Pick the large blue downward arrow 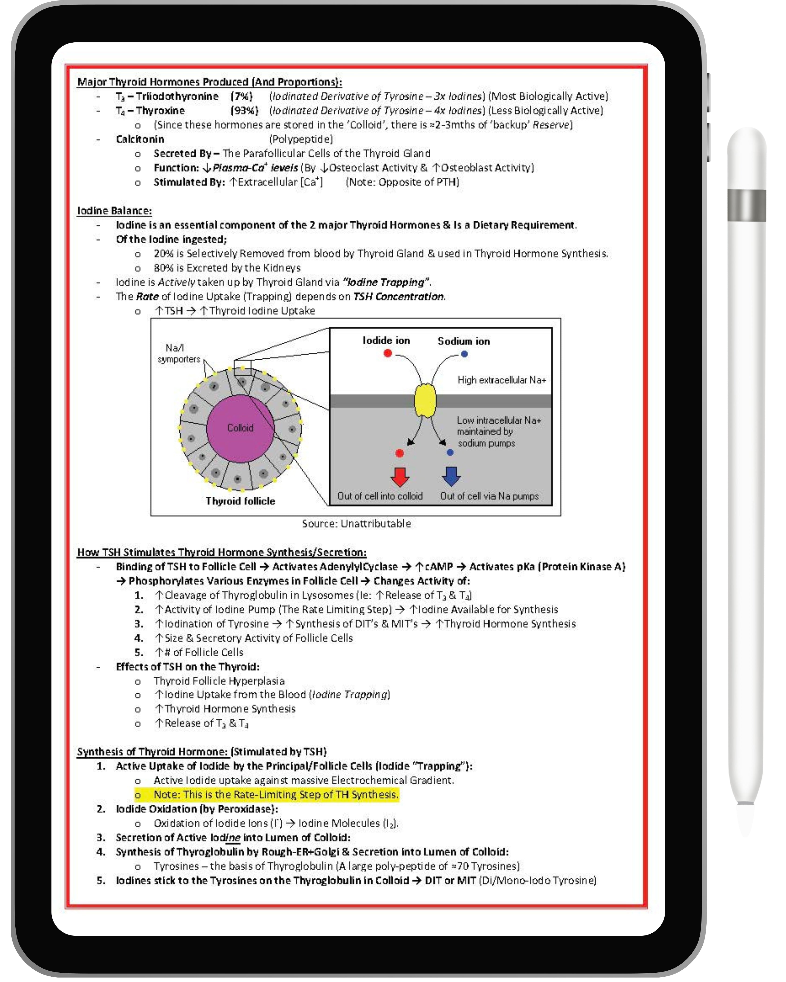click(451, 476)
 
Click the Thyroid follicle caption click(240, 501)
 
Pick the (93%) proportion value click(244, 111)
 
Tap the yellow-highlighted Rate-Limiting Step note click(276, 795)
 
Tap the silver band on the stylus click(746, 206)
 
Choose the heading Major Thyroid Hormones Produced click(209, 82)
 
